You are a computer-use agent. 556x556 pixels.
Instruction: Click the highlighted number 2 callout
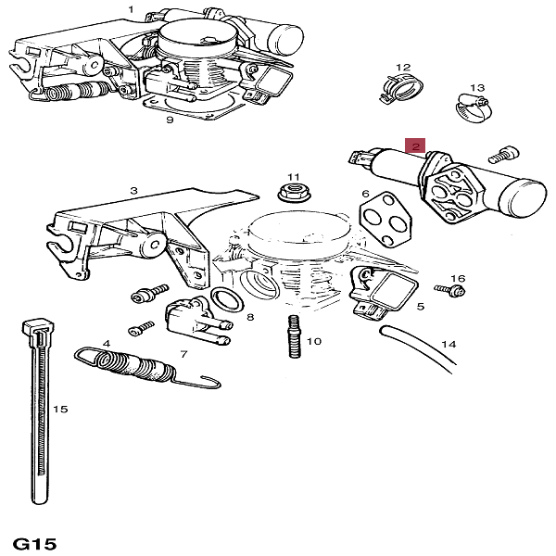click(x=416, y=146)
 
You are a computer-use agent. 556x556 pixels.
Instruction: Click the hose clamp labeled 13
click(x=470, y=111)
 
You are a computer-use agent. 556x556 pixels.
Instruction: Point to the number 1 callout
click(x=131, y=9)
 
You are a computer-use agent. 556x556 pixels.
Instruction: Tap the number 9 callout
click(x=170, y=120)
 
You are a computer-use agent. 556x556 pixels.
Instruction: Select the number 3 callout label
click(x=133, y=190)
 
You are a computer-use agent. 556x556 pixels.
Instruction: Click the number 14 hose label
click(x=449, y=345)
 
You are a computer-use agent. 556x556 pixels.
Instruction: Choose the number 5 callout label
click(x=420, y=306)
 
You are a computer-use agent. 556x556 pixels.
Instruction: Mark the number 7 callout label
click(x=183, y=354)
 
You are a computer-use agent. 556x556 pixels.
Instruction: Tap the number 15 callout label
click(x=60, y=409)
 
